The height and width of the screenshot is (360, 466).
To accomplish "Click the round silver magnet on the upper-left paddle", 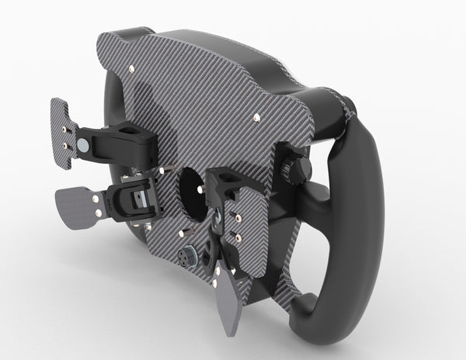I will pyautogui.click(x=82, y=144).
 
